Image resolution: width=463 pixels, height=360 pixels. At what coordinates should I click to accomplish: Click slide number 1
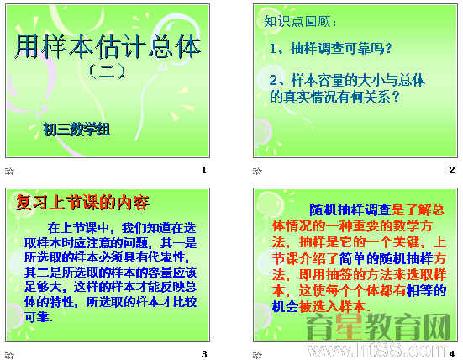pos(203,171)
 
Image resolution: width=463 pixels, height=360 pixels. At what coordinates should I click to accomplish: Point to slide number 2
pos(451,171)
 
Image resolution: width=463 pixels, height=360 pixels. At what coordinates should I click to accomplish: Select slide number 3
pos(203,352)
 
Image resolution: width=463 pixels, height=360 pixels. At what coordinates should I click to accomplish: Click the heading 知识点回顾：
pos(299,21)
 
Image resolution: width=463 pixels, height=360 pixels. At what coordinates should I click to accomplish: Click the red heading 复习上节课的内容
pos(82,202)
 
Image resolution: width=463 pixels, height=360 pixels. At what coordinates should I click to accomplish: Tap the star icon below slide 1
pos(10,171)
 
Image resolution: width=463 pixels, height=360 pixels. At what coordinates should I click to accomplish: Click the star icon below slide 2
pos(259,171)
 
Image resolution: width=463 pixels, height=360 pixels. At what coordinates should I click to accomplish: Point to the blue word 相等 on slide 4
pos(418,290)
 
